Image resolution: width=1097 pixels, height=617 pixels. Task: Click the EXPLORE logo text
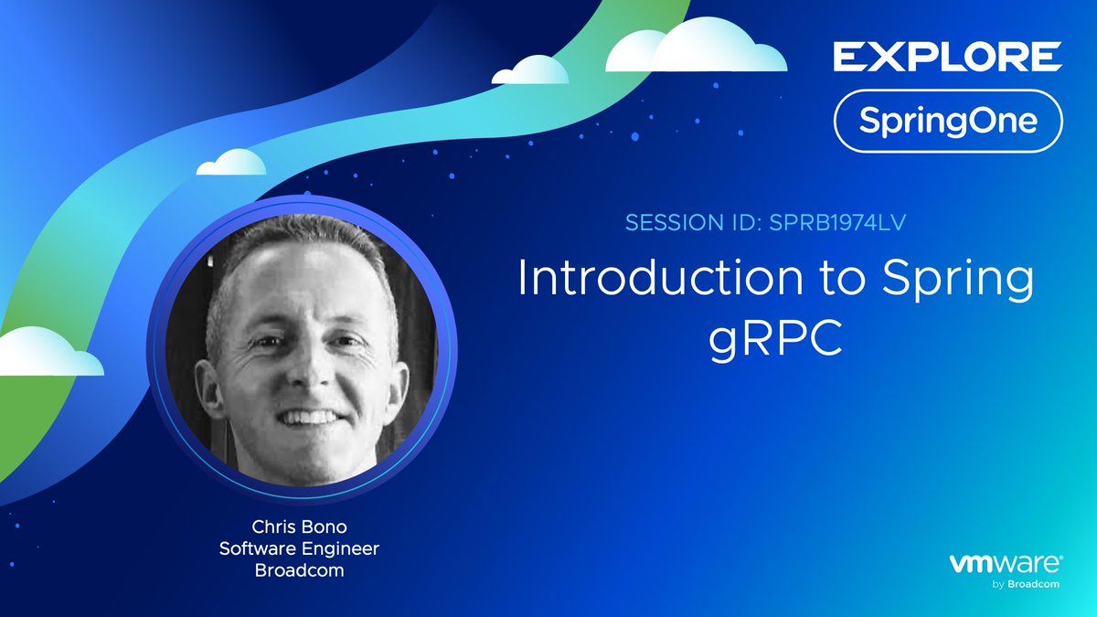[947, 57]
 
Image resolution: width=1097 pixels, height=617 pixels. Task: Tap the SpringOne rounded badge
[947, 121]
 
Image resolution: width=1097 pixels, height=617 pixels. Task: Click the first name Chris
[272, 527]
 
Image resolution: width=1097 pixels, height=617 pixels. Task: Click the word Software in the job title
[256, 548]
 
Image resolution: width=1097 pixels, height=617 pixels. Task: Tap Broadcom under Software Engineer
[300, 570]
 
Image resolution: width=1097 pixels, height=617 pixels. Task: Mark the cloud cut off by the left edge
[46, 354]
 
